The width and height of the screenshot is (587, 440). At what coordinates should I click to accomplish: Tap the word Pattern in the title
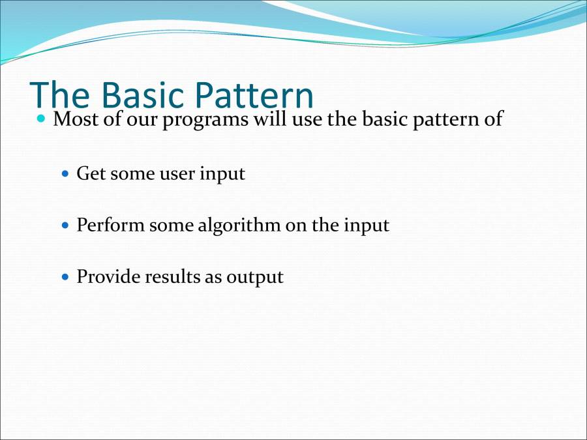click(x=250, y=95)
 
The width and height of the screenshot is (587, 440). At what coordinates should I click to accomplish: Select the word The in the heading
click(x=59, y=95)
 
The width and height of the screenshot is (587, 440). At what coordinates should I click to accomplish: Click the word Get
click(x=91, y=174)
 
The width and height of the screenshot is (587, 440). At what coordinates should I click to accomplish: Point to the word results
click(x=172, y=277)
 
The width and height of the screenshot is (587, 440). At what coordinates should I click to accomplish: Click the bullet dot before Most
click(x=42, y=120)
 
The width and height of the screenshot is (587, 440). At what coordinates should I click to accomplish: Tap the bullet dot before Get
click(x=65, y=175)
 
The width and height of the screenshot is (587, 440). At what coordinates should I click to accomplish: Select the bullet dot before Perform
click(x=65, y=226)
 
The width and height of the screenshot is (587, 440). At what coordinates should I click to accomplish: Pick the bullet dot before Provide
click(x=65, y=277)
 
